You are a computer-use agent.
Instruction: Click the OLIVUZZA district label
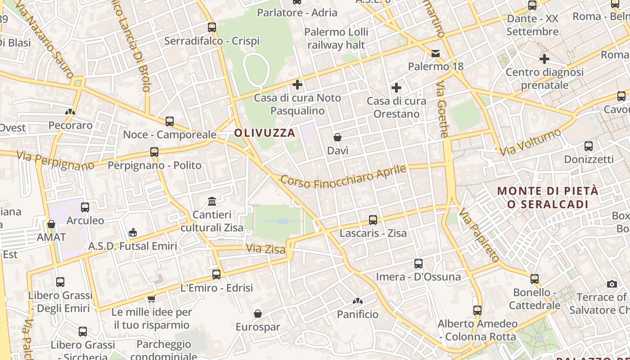[x=265, y=133]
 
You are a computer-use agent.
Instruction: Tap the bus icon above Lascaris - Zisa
[x=373, y=220]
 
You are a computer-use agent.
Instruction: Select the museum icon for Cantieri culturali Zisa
[x=212, y=201]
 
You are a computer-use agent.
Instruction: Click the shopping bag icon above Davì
[x=337, y=137]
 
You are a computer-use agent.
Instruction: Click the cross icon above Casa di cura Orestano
[x=396, y=87]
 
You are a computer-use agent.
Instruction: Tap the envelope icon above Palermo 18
[x=436, y=54]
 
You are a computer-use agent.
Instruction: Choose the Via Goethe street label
[x=443, y=109]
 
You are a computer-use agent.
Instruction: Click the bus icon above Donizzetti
[x=589, y=146]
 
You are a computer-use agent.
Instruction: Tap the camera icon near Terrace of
[x=612, y=284]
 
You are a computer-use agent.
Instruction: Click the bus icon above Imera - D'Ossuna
[x=418, y=264]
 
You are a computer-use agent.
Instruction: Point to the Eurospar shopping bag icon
[x=258, y=314]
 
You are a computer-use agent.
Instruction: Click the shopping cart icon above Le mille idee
[x=152, y=299]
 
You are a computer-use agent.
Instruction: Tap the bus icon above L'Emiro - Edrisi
[x=216, y=274]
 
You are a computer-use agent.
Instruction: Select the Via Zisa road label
[x=265, y=248]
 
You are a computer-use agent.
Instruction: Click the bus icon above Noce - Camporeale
[x=170, y=121]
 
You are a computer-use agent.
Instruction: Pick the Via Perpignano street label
[x=56, y=161]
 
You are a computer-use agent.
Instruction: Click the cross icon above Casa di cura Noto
[x=297, y=84]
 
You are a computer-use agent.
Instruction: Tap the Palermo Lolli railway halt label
[x=336, y=38]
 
